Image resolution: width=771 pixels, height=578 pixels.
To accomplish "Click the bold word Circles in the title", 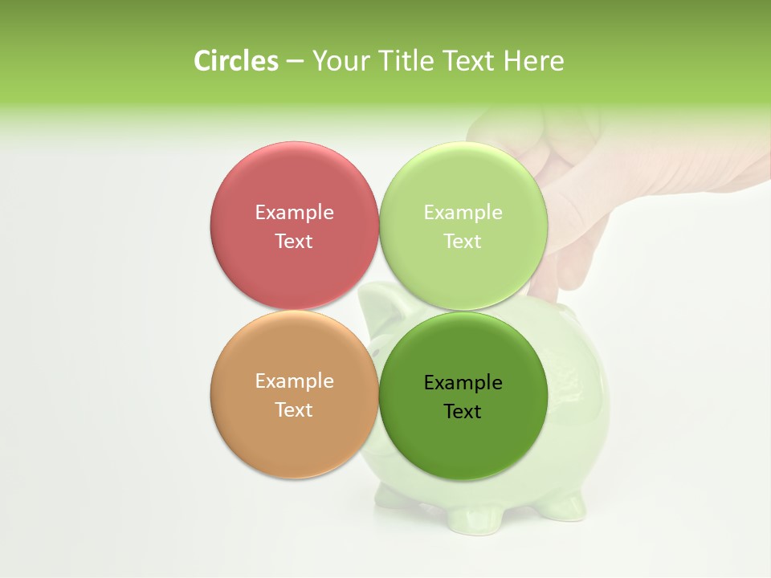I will [236, 61].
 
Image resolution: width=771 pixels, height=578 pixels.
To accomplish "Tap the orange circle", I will [294, 442].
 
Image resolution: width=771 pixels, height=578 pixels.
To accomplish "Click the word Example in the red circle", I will [294, 213].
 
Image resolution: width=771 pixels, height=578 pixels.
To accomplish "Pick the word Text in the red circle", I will [294, 242].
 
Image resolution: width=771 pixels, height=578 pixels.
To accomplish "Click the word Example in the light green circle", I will [463, 213].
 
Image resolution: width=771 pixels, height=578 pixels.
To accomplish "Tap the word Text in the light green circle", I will [463, 242].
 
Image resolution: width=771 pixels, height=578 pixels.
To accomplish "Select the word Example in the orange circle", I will [294, 381].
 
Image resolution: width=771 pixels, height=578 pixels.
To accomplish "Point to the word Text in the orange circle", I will [294, 410].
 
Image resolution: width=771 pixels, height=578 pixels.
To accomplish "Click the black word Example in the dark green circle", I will [463, 383].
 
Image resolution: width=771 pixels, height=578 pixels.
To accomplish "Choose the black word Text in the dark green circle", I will [463, 412].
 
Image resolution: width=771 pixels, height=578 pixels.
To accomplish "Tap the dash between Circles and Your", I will [295, 62].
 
